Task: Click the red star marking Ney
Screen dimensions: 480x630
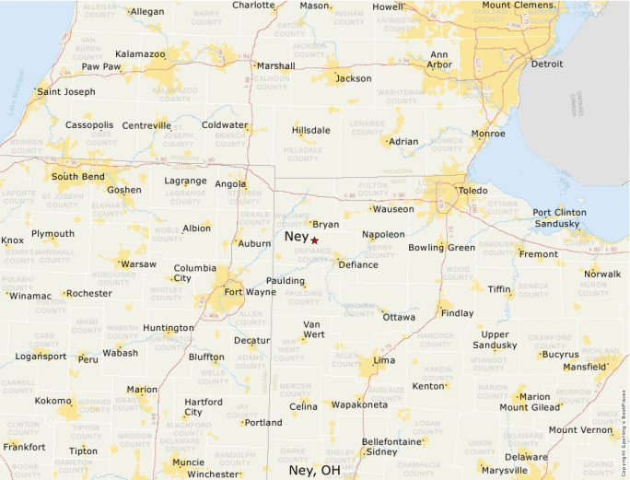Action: pyautogui.click(x=314, y=240)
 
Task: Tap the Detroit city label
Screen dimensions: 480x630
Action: pyautogui.click(x=547, y=64)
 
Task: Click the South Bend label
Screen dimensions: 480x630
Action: pyautogui.click(x=77, y=176)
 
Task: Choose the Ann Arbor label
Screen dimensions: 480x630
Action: pyautogui.click(x=440, y=59)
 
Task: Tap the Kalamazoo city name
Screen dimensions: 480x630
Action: pyautogui.click(x=140, y=54)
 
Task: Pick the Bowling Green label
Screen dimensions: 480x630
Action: pyautogui.click(x=441, y=247)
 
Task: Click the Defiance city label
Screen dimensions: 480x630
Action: pyautogui.click(x=357, y=264)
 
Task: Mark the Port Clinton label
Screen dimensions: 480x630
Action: pyautogui.click(x=559, y=213)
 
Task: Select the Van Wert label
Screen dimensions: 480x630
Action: pyautogui.click(x=313, y=330)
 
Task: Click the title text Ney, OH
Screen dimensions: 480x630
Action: pyautogui.click(x=314, y=470)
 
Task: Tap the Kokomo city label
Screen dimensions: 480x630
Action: pyautogui.click(x=52, y=401)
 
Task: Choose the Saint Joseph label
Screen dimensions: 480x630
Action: pyautogui.click(x=65, y=92)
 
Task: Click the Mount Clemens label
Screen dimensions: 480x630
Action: pyautogui.click(x=520, y=6)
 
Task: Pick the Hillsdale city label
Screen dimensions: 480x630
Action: pyautogui.click(x=310, y=130)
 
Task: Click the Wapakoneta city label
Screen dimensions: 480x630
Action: pyautogui.click(x=359, y=404)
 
